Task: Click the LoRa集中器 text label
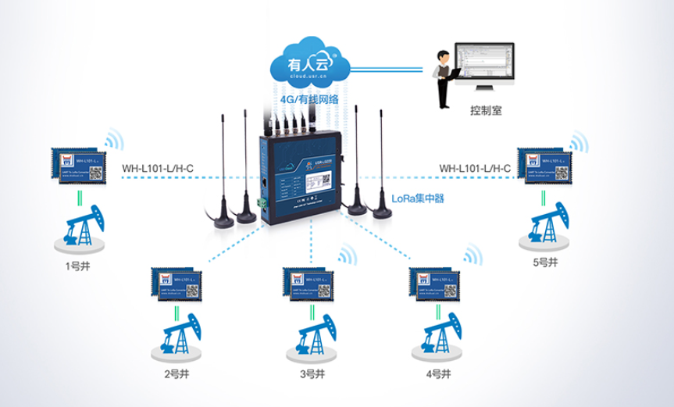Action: tap(417, 199)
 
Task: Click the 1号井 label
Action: tap(77, 265)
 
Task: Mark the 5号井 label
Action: tap(545, 262)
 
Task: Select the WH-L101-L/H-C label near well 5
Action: tap(475, 167)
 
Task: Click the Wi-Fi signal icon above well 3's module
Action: tap(344, 256)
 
